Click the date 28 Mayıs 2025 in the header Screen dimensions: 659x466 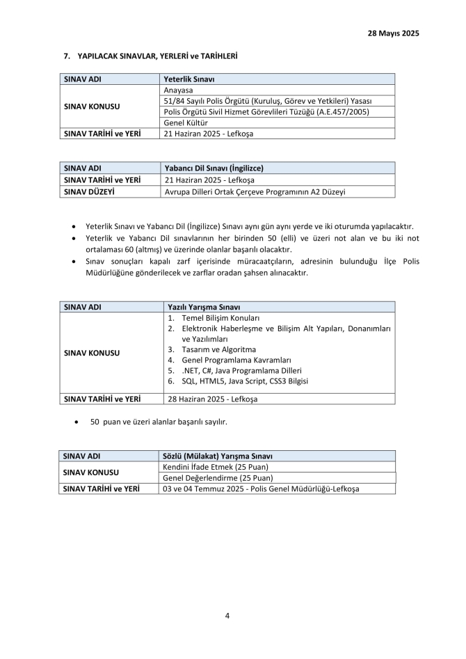pos(393,33)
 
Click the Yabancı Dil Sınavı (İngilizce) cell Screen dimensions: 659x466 pos(214,168)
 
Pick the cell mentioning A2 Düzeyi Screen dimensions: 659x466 pos(255,191)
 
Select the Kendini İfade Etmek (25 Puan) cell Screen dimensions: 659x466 pos(216,466)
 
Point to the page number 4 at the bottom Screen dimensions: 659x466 pos(228,615)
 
